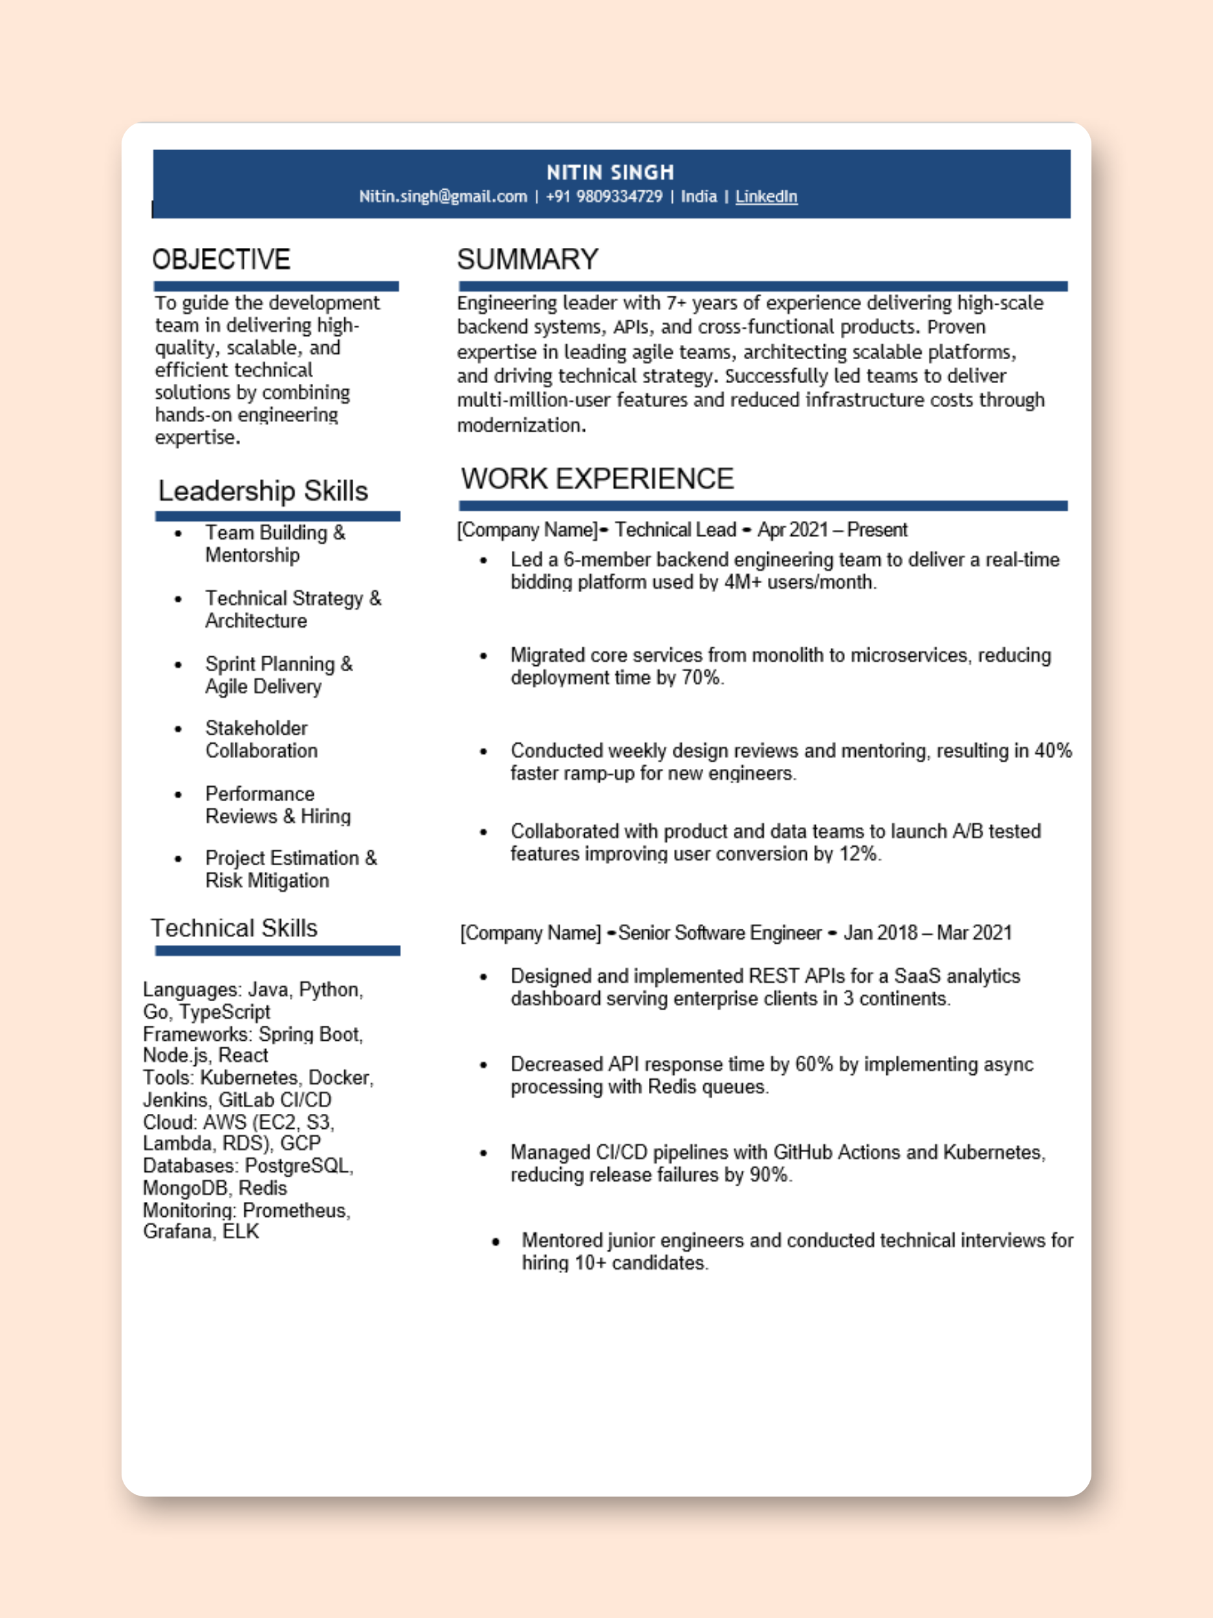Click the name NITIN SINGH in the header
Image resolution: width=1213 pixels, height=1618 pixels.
[x=610, y=173]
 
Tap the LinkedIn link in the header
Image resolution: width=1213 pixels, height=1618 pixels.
[x=765, y=197]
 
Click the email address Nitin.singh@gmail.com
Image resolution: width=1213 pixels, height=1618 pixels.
[x=443, y=197]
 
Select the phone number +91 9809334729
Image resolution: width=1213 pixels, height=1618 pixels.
[x=604, y=197]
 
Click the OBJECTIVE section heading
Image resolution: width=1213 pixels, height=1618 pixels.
[x=221, y=260]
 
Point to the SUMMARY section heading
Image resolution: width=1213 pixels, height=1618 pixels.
[x=527, y=260]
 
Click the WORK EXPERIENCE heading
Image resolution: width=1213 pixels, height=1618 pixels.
[x=596, y=479]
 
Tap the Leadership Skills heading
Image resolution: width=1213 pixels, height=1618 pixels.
[x=263, y=491]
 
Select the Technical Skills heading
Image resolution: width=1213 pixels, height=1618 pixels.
[x=234, y=928]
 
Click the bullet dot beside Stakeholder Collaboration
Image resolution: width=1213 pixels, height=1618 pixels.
[x=178, y=729]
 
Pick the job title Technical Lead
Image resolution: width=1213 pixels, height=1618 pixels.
[x=675, y=529]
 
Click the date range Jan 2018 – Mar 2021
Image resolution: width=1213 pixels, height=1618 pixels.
[x=927, y=933]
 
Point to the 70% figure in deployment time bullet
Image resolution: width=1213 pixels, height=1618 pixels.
[x=701, y=678]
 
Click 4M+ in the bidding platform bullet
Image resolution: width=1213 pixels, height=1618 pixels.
[x=743, y=583]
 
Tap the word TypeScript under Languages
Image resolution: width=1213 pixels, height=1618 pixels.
[x=224, y=1012]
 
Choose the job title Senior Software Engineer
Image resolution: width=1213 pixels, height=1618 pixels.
[x=719, y=933]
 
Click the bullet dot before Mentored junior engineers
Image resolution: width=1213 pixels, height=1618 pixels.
[x=496, y=1242]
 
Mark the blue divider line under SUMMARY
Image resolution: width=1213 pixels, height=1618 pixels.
[x=762, y=287]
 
